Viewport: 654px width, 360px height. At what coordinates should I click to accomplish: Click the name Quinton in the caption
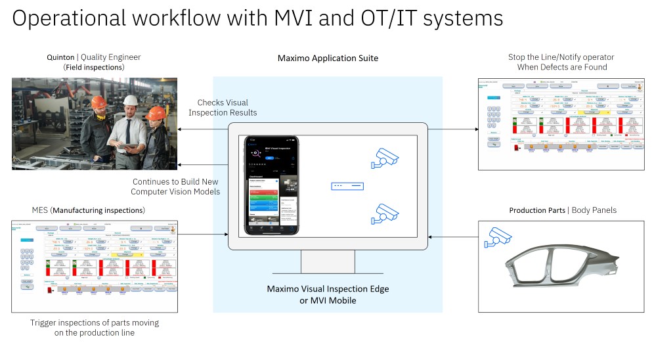(x=60, y=57)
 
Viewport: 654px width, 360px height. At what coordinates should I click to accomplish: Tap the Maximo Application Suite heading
(x=328, y=58)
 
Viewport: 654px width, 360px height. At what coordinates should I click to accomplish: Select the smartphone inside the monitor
(x=271, y=186)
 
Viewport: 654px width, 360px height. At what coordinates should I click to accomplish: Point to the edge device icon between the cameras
(x=347, y=186)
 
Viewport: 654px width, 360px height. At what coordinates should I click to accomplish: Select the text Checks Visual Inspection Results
(x=223, y=108)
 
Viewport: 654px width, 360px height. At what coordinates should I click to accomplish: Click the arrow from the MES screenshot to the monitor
(x=204, y=234)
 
